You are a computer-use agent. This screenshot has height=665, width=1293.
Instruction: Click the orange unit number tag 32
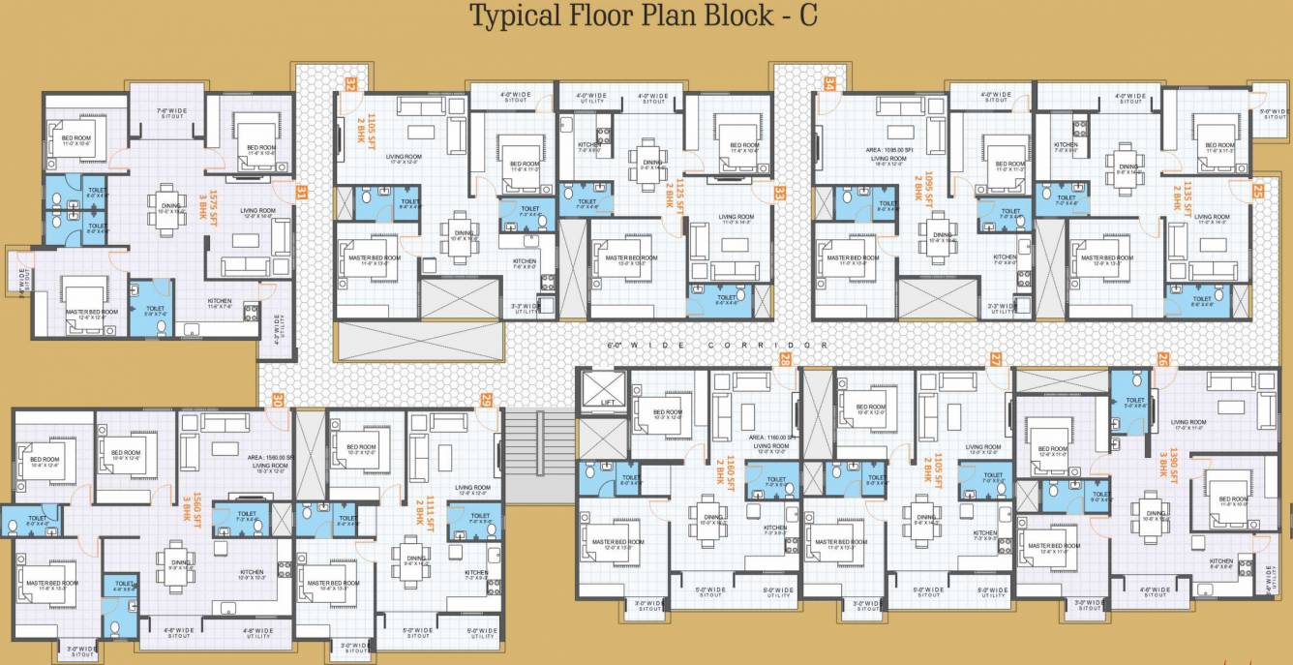coord(350,84)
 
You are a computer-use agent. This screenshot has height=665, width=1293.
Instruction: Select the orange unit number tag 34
coord(828,84)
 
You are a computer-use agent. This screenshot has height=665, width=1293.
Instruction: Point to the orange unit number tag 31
coord(301,192)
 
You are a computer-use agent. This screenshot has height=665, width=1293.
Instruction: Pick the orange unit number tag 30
coord(278,399)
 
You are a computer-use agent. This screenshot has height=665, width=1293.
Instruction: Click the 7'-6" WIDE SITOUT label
coord(171,113)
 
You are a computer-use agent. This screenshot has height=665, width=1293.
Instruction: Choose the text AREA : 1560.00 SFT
coord(270,457)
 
